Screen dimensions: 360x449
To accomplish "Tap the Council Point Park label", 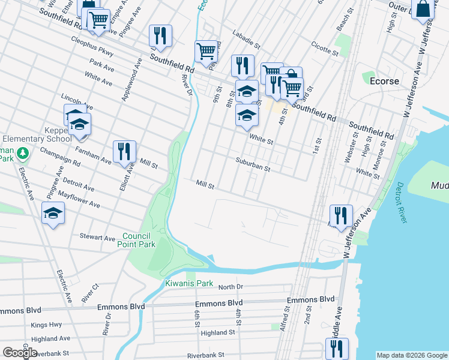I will point(139,240).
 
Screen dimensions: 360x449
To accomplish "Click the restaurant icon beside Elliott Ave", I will point(124,152).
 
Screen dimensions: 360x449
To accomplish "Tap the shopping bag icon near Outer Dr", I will point(423,10).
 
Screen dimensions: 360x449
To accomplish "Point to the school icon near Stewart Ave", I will point(53,214).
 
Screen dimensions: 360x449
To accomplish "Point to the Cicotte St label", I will point(325,48).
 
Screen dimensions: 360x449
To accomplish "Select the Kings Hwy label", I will point(46,325).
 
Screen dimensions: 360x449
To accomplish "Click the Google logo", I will point(20,353).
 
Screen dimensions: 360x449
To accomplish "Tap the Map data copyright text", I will point(411,355).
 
